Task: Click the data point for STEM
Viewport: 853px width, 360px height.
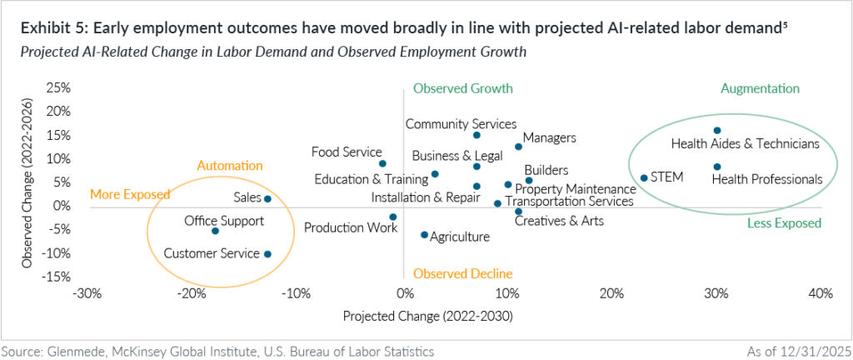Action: pyautogui.click(x=644, y=177)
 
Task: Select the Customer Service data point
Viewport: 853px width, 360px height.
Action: pyautogui.click(x=267, y=254)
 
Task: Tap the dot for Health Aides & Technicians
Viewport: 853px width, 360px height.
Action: pyautogui.click(x=717, y=131)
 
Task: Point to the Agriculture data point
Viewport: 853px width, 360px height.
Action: pyautogui.click(x=424, y=235)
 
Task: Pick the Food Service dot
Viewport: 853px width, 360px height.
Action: pyautogui.click(x=382, y=163)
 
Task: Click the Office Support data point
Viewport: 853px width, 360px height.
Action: pyautogui.click(x=216, y=231)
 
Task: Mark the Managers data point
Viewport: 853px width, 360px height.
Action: pyautogui.click(x=518, y=147)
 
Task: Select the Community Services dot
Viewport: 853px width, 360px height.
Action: pyautogui.click(x=476, y=135)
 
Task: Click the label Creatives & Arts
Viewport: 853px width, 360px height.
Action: pyautogui.click(x=559, y=221)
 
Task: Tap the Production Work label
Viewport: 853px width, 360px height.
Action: pyautogui.click(x=351, y=227)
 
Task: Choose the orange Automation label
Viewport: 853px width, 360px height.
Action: pyautogui.click(x=230, y=165)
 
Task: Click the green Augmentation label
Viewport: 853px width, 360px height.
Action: pyautogui.click(x=760, y=88)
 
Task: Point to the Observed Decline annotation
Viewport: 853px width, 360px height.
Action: pyautogui.click(x=462, y=273)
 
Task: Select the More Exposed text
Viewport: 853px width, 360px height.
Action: pyautogui.click(x=130, y=194)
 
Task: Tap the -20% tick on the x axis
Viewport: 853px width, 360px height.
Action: pyautogui.click(x=192, y=293)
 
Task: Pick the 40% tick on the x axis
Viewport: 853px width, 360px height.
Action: pyautogui.click(x=821, y=293)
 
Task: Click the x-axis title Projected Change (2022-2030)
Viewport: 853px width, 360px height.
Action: pyautogui.click(x=427, y=316)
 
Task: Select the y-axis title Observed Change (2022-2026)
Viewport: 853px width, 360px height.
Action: pyautogui.click(x=26, y=182)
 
